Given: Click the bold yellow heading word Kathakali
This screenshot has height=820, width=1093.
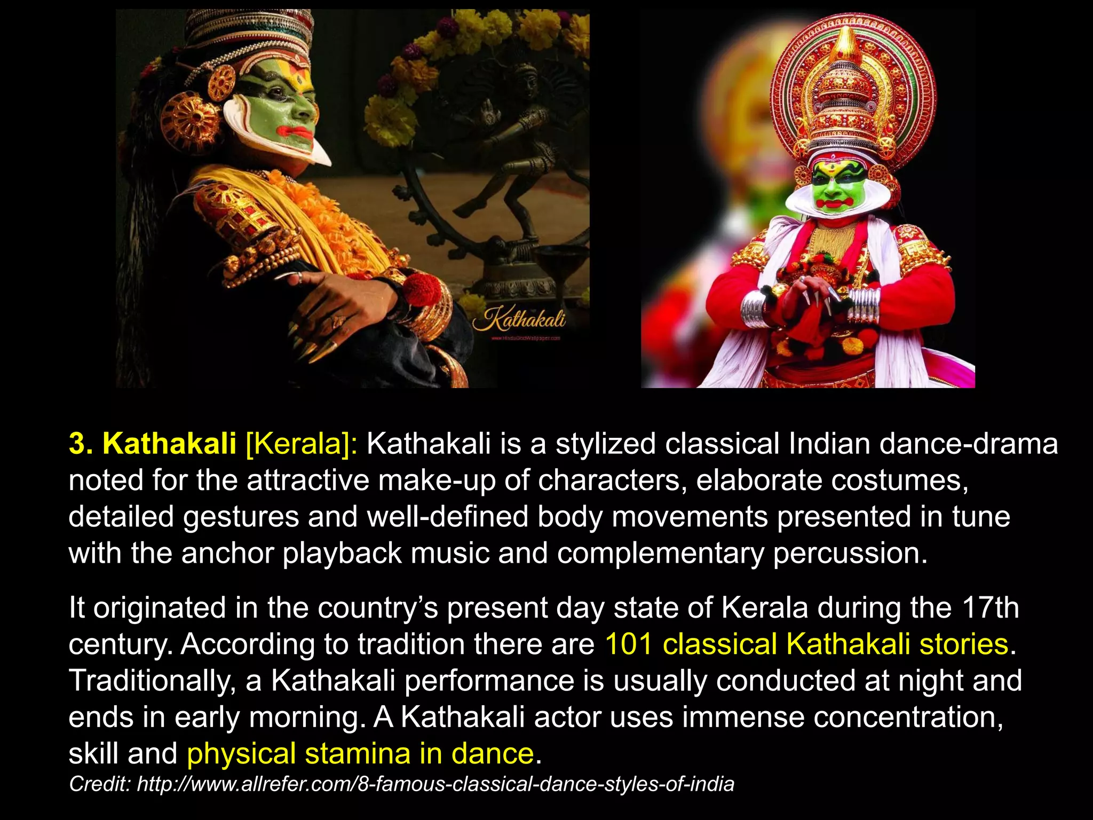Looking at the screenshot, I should (169, 444).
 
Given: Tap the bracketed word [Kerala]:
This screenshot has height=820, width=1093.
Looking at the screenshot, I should (302, 444).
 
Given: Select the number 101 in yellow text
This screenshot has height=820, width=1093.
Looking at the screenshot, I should (629, 644).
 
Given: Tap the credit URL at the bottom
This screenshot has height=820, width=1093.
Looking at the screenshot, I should (435, 784).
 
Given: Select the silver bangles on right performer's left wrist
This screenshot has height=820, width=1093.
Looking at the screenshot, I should (863, 306).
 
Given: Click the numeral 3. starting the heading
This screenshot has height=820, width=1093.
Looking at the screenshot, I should (81, 444).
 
